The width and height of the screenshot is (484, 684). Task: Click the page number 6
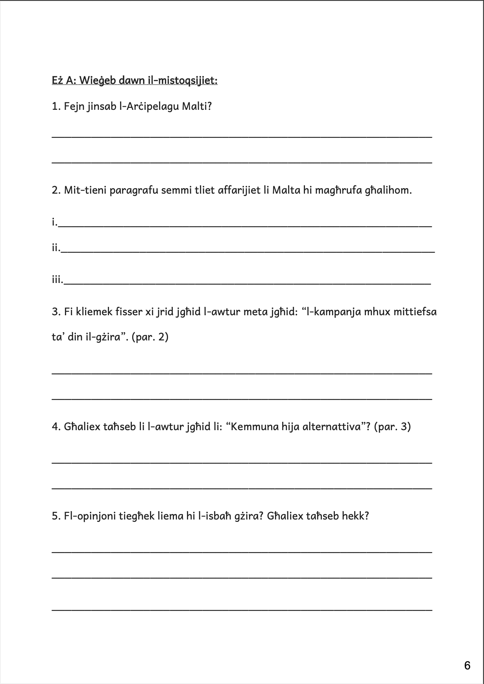467,666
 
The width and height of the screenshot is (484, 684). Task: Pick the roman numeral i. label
54,223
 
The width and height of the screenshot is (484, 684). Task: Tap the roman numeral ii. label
56,248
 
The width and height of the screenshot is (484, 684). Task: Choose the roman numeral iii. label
57,280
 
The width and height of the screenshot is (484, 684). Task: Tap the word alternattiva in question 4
332,427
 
